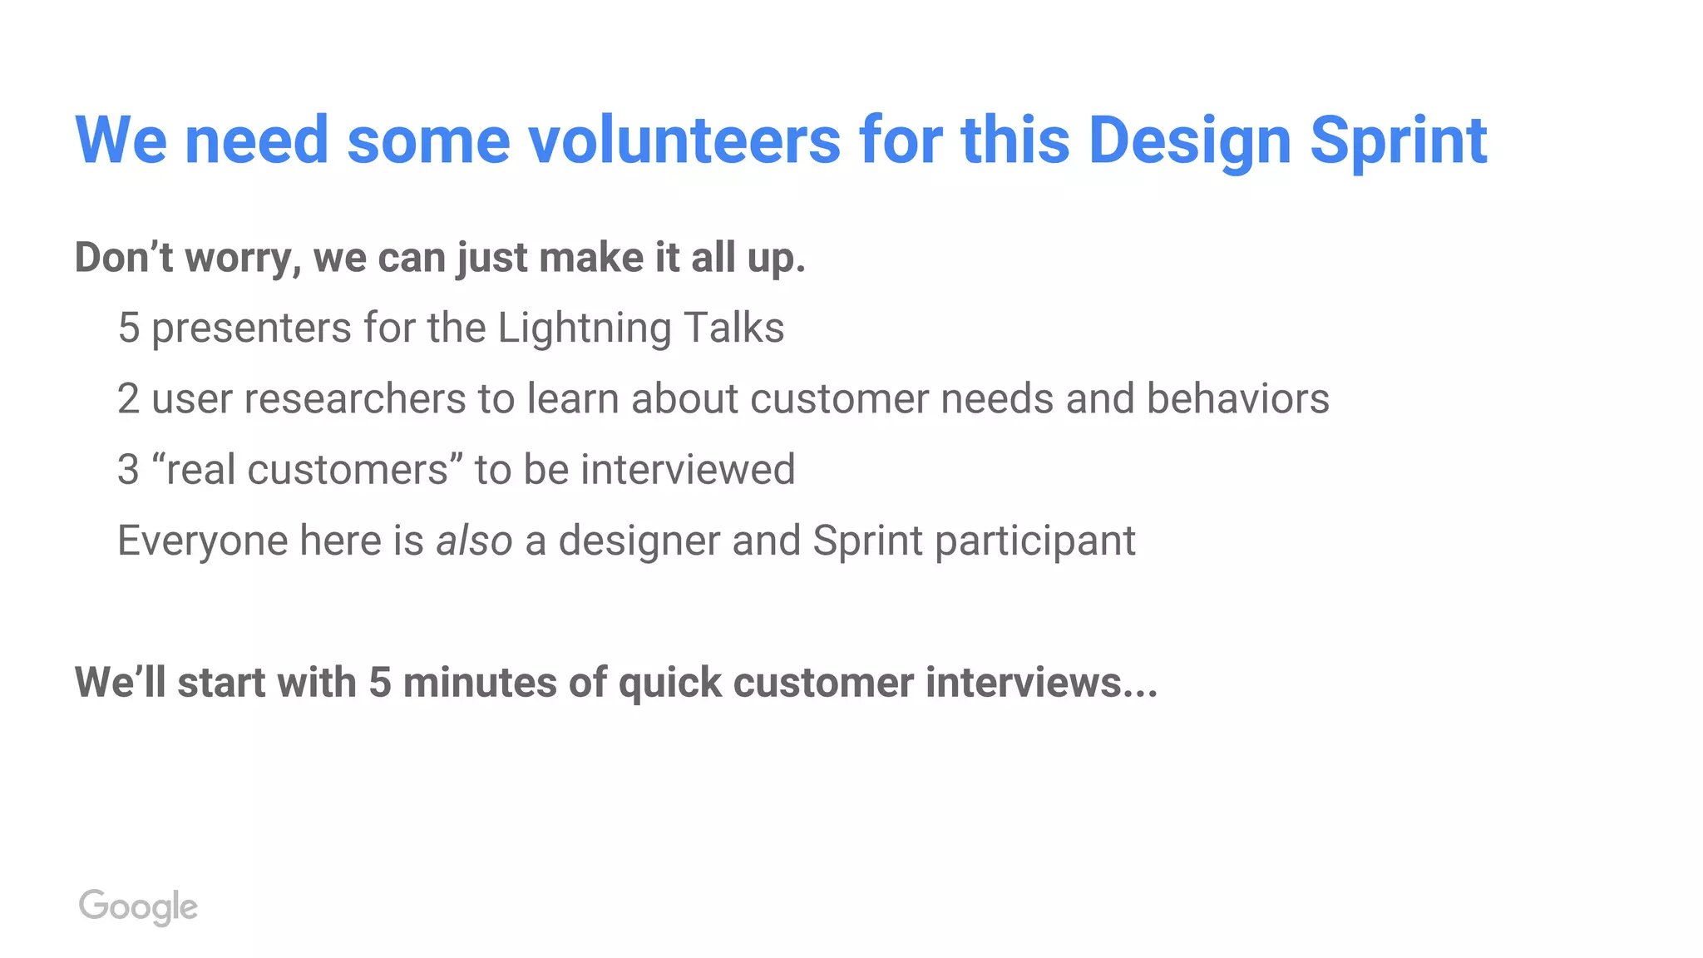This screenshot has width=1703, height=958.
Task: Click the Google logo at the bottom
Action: [x=138, y=906]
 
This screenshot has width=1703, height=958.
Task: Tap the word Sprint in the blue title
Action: [x=1398, y=141]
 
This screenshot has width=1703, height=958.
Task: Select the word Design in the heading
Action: [x=1189, y=141]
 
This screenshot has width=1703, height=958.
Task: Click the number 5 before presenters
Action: [x=128, y=328]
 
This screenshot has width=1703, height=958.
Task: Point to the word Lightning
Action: [x=585, y=328]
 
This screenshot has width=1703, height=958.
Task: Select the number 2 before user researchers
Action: [x=128, y=398]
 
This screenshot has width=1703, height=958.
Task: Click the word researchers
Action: [x=355, y=398]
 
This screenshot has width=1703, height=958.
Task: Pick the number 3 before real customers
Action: [x=128, y=470]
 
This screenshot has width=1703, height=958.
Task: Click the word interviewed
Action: [x=688, y=470]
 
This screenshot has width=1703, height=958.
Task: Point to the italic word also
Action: [x=474, y=541]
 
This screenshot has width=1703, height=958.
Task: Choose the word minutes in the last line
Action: [x=480, y=683]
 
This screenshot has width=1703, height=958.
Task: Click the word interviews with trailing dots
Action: [x=1039, y=683]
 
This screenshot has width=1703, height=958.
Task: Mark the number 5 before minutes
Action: [x=380, y=683]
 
